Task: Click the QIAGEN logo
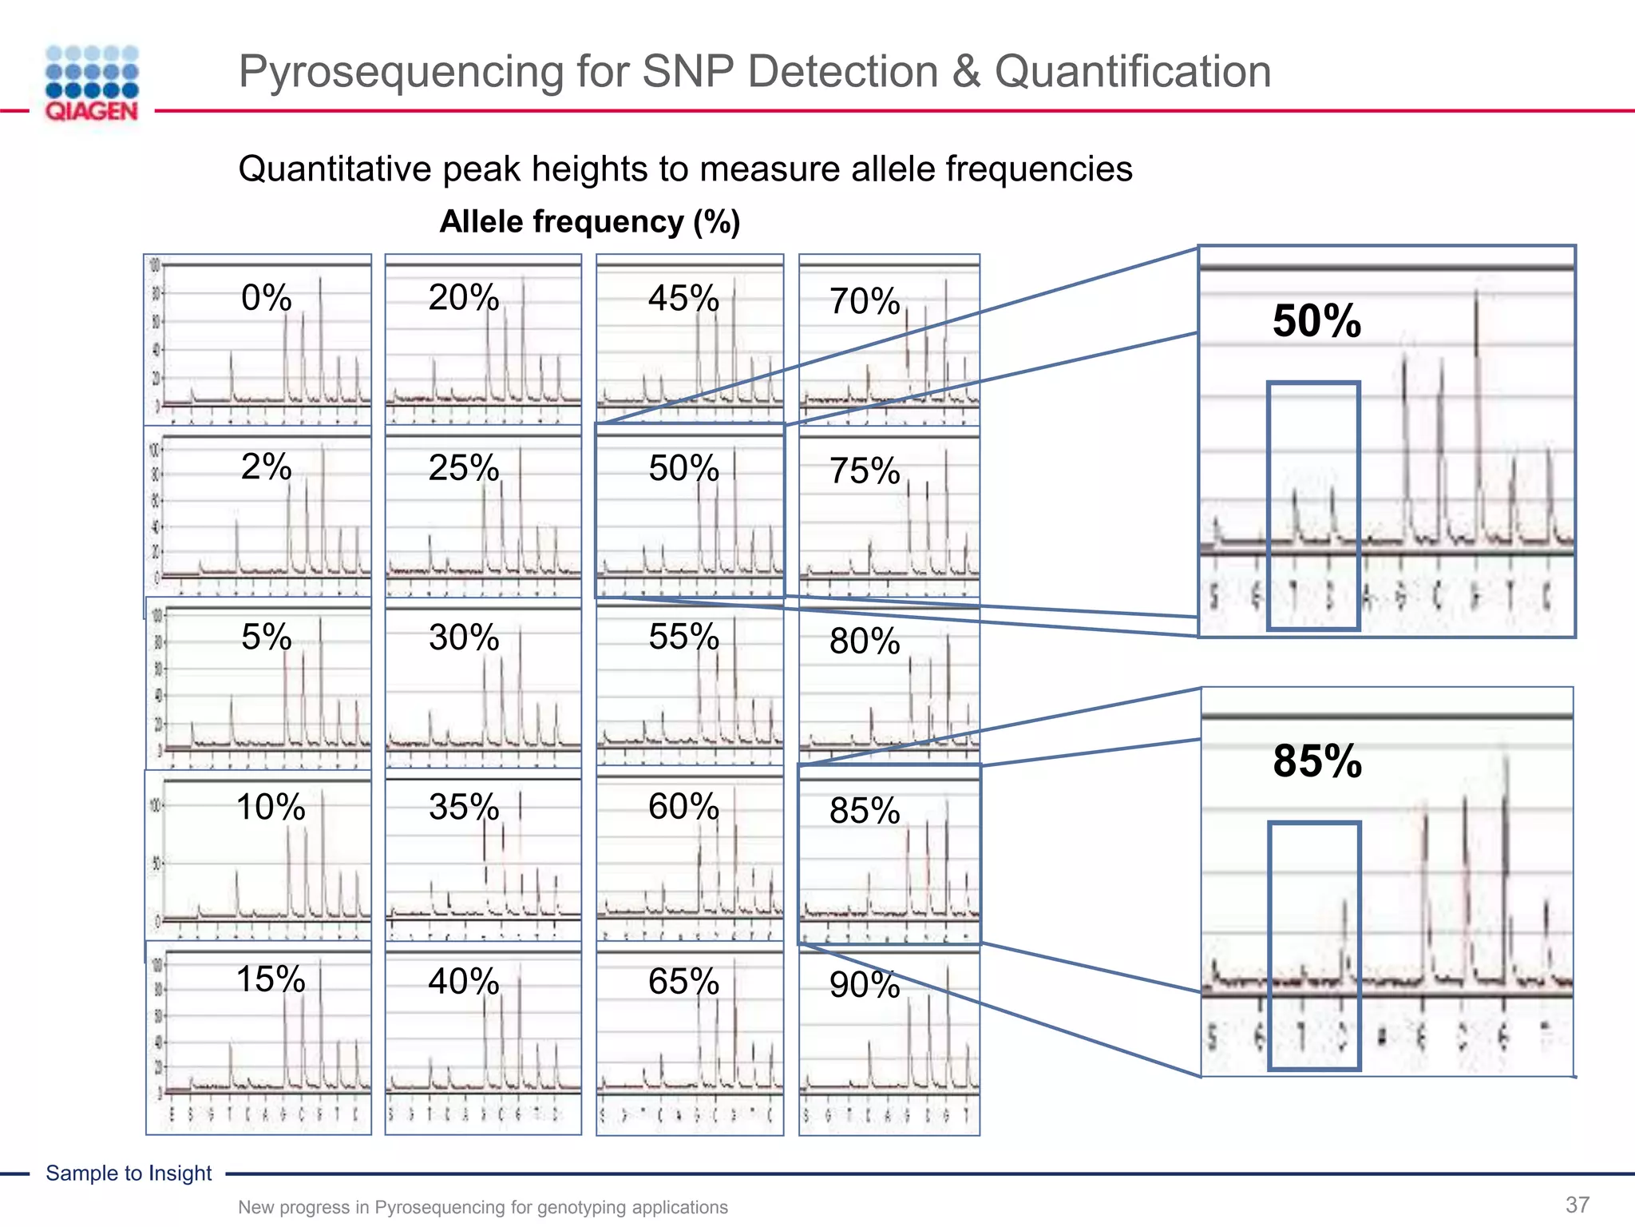click(x=92, y=83)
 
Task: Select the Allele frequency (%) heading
click(x=590, y=221)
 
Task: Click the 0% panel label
click(x=266, y=298)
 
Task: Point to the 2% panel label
click(x=266, y=467)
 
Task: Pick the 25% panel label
click(x=464, y=467)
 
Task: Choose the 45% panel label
click(x=683, y=299)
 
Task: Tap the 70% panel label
click(x=865, y=302)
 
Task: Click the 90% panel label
click(x=865, y=985)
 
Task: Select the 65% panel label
click(x=683, y=981)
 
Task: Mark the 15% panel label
click(x=271, y=979)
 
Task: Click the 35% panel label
click(x=464, y=807)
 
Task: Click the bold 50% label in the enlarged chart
click(x=1316, y=321)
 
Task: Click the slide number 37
click(x=1578, y=1205)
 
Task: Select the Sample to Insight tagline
click(x=129, y=1173)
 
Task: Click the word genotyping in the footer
click(x=580, y=1207)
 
